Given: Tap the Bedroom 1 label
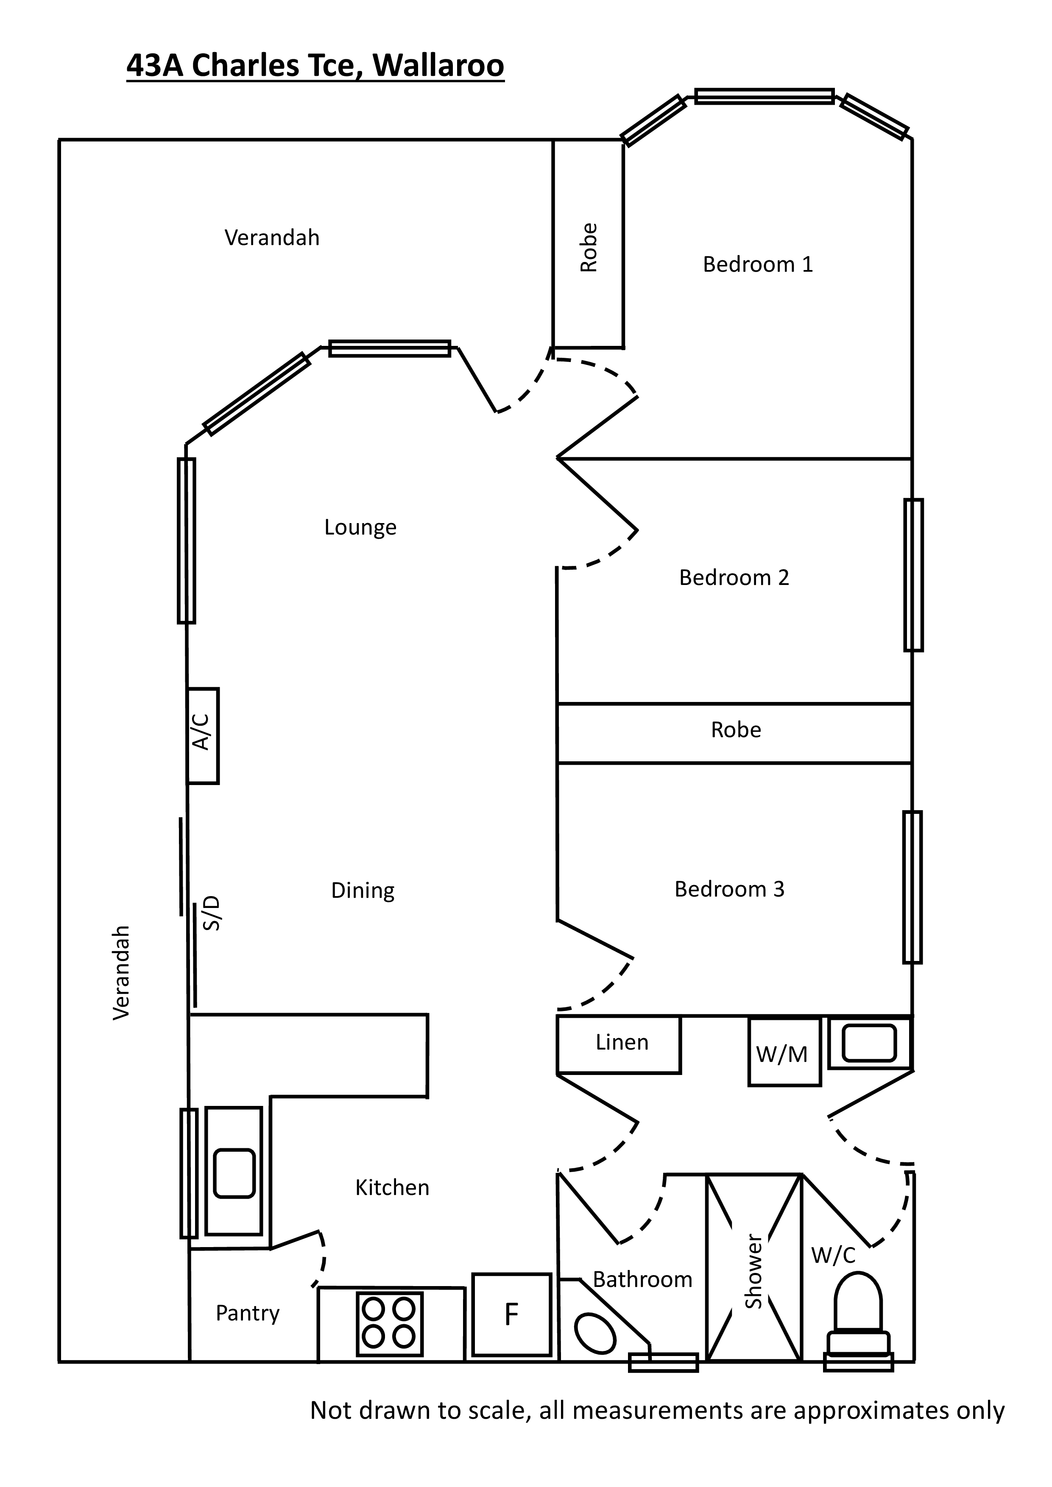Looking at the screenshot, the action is (x=757, y=264).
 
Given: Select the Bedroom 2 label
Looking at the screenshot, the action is (x=734, y=577).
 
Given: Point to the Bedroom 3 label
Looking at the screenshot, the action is (x=729, y=888).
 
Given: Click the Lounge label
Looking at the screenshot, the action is (x=360, y=527).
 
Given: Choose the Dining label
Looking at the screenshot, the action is (x=363, y=891).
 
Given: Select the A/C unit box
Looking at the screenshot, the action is (x=203, y=736).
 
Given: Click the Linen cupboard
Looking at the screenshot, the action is (x=619, y=1044).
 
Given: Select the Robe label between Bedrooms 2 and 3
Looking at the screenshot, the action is (x=736, y=730).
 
